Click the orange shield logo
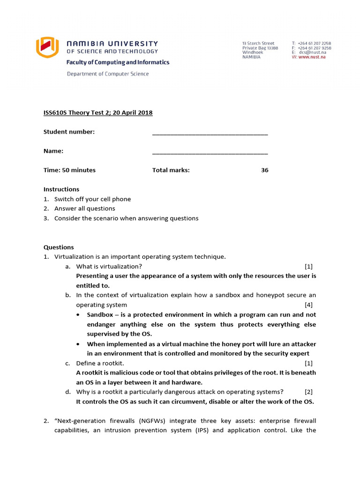(x=47, y=47)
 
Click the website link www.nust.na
(x=312, y=57)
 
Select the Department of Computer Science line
(x=108, y=74)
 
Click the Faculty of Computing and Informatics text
(x=118, y=62)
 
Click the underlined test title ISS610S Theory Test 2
(x=98, y=112)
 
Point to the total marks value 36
(x=265, y=170)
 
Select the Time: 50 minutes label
(x=69, y=170)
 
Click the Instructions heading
(x=61, y=189)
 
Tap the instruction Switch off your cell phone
(x=92, y=199)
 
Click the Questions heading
(x=59, y=247)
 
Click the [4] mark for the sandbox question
(x=308, y=305)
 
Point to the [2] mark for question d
(x=308, y=391)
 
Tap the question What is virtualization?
(x=109, y=266)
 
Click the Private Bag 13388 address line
(x=260, y=48)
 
